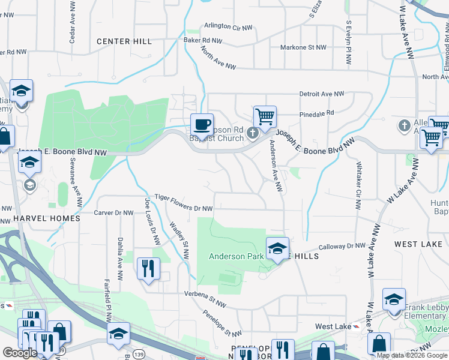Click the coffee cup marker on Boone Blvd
(202, 124)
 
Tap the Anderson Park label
(235, 256)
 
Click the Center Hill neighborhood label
(124, 41)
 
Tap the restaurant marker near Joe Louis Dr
(148, 268)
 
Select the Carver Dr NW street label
(113, 212)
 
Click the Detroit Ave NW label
(322, 94)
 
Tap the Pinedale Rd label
(317, 113)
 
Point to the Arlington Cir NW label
(230, 27)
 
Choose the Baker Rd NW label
(203, 41)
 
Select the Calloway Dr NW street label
(342, 246)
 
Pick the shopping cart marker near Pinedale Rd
(265, 116)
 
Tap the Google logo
(20, 353)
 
